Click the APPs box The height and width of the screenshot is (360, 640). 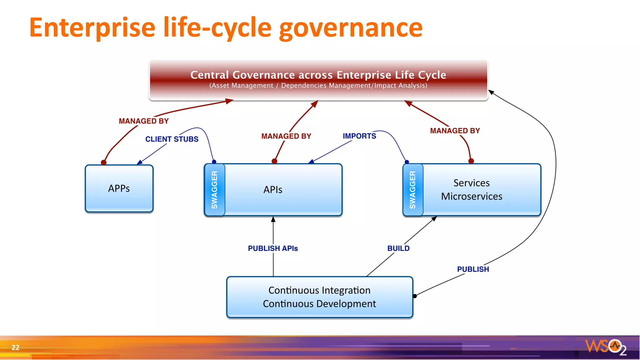tap(119, 188)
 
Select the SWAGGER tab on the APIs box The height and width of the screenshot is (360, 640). tap(214, 190)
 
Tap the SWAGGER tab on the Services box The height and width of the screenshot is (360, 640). tap(413, 190)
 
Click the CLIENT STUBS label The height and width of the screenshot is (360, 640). tap(172, 139)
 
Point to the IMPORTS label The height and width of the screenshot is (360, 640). tap(359, 136)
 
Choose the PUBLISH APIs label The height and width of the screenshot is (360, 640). tap(273, 248)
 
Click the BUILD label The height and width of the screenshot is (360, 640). tap(398, 248)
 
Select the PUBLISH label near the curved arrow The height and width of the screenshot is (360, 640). tap(473, 269)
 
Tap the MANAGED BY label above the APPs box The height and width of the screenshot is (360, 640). tap(143, 121)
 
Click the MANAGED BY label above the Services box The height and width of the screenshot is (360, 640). tap(455, 131)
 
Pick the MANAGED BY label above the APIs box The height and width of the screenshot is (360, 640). tap(286, 136)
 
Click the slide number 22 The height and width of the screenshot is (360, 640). tap(15, 347)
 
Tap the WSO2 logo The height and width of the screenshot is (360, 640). tap(605, 347)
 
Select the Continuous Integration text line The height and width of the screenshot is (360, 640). tap(319, 290)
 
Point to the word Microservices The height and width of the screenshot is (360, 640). tap(472, 196)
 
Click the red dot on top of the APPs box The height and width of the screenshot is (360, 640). tap(104, 162)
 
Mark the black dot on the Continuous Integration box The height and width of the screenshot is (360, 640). tap(415, 296)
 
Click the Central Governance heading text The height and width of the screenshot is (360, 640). tap(318, 75)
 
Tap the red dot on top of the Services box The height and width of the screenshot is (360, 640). tap(471, 161)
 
